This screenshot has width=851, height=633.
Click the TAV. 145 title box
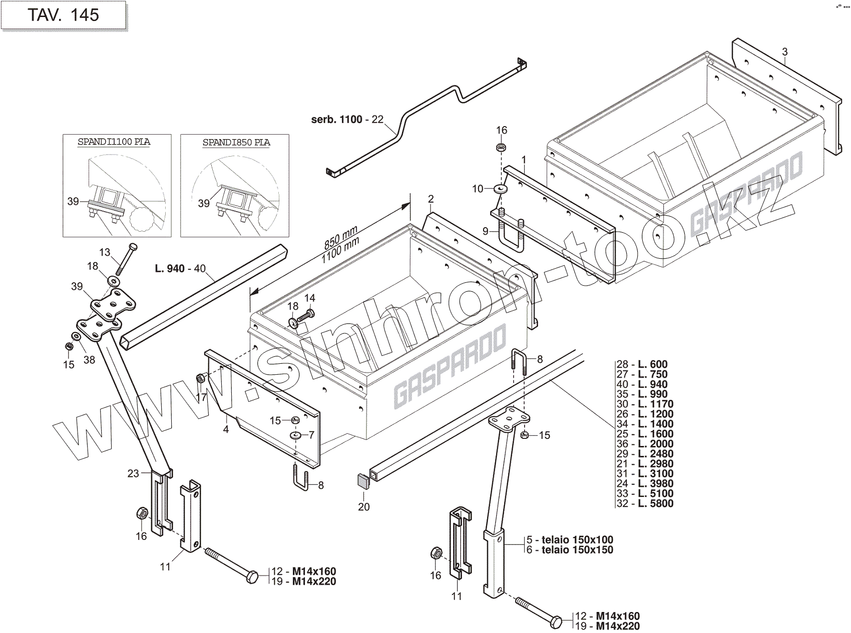click(x=63, y=15)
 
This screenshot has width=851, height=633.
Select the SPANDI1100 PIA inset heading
click(x=114, y=142)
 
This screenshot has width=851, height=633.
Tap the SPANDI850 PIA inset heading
click(x=236, y=143)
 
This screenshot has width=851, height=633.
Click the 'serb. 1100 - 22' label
click(x=347, y=120)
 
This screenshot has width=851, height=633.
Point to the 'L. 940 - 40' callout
click(x=180, y=269)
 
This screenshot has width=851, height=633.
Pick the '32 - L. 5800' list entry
click(x=645, y=503)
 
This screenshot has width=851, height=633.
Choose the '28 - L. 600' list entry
click(x=642, y=364)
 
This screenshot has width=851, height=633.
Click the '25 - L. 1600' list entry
click(x=645, y=434)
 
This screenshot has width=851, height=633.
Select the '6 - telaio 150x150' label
click(x=570, y=550)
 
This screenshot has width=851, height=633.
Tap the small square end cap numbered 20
click(x=363, y=482)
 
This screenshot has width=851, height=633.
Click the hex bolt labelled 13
click(x=126, y=259)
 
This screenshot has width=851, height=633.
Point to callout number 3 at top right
click(x=785, y=52)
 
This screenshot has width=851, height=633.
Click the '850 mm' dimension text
click(x=340, y=237)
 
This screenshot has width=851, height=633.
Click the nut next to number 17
click(x=200, y=378)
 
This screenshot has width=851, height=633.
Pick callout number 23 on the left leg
click(x=133, y=473)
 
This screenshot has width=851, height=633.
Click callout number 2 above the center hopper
click(x=431, y=199)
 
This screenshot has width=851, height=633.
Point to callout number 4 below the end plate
click(x=226, y=429)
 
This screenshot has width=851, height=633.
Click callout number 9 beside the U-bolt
click(x=485, y=231)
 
